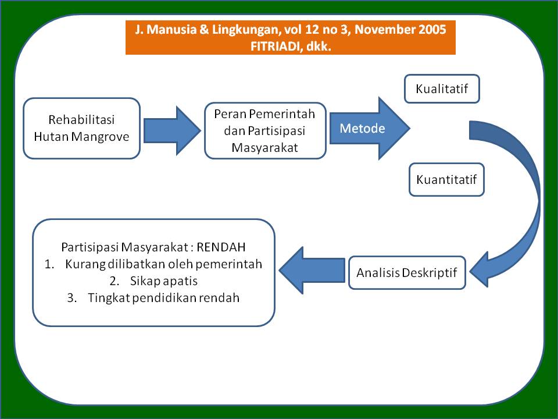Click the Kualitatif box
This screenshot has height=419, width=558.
pyautogui.click(x=442, y=88)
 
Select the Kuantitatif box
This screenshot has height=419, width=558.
pyautogui.click(x=446, y=180)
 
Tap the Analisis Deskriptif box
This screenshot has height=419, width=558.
pyautogui.click(x=407, y=272)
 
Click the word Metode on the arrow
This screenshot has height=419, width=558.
pyautogui.click(x=362, y=128)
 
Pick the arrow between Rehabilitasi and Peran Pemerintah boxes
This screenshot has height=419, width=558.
pyautogui.click(x=172, y=130)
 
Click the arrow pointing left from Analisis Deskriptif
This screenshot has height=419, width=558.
pyautogui.click(x=312, y=271)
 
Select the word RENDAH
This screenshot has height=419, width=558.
pyautogui.click(x=221, y=247)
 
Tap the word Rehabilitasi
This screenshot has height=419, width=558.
pyautogui.click(x=81, y=120)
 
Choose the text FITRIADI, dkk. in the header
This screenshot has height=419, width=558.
pyautogui.click(x=291, y=47)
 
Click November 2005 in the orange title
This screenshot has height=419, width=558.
pyautogui.click(x=400, y=29)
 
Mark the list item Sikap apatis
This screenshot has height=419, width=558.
pyautogui.click(x=164, y=280)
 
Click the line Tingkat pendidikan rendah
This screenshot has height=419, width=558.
pyautogui.click(x=164, y=297)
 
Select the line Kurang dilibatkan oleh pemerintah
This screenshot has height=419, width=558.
pyautogui.click(x=164, y=264)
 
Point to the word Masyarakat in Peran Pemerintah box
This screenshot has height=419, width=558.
pyautogui.click(x=265, y=147)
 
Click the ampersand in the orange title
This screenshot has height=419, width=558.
pyautogui.click(x=204, y=29)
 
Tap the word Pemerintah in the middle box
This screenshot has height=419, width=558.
pyautogui.click(x=282, y=114)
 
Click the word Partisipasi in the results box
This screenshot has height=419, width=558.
pyautogui.click(x=90, y=247)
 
